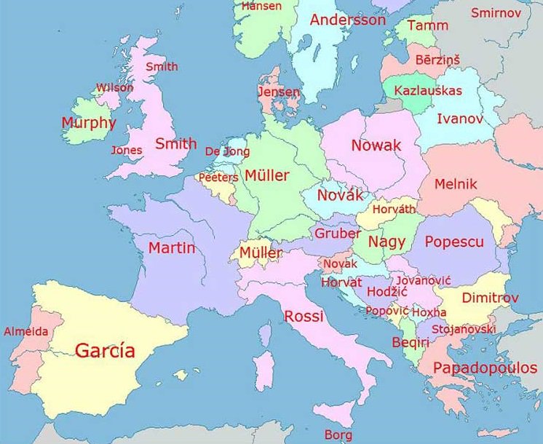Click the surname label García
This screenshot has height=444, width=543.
click(105, 351)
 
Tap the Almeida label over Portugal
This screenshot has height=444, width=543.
click(26, 332)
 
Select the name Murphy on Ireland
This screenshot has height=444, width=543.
click(89, 122)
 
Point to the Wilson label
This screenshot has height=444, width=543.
click(114, 88)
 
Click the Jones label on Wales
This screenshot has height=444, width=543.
click(127, 151)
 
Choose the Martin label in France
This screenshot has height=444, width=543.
click(172, 248)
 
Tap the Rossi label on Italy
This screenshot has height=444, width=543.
click(304, 316)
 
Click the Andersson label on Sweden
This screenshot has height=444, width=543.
click(348, 20)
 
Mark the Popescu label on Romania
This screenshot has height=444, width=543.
click(454, 242)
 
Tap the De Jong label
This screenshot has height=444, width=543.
click(227, 151)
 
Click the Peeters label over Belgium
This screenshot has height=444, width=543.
click(218, 177)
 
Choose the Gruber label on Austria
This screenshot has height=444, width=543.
click(338, 234)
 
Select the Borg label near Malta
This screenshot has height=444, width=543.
click(338, 435)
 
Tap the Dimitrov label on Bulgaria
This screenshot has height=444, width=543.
click(491, 298)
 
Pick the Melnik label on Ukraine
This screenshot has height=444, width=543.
click(456, 184)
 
